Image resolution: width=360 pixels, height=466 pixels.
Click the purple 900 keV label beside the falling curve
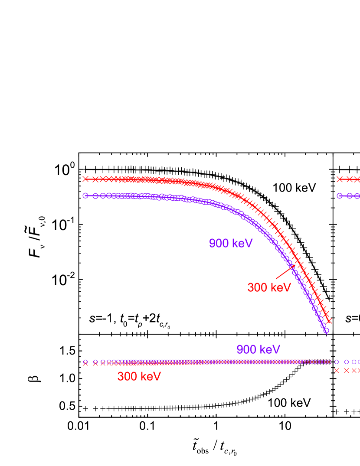pyautogui.click(x=231, y=244)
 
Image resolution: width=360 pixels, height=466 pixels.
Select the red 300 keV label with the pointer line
pyautogui.click(x=269, y=288)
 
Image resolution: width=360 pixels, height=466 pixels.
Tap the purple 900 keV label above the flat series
pyautogui.click(x=258, y=350)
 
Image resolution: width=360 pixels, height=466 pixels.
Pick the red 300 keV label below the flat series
pyautogui.click(x=139, y=377)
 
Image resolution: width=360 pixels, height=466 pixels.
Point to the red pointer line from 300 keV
pyautogui.click(x=285, y=272)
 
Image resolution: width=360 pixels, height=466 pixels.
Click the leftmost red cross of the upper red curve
pyautogui.click(x=85, y=179)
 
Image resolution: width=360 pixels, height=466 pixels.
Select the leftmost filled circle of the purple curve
pyautogui.click(x=85, y=196)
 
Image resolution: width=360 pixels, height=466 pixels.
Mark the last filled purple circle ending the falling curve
pyautogui.click(x=326, y=331)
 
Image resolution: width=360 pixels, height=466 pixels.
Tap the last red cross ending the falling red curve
pyautogui.click(x=329, y=321)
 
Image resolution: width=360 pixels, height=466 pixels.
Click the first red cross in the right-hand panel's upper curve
pyautogui.click(x=340, y=179)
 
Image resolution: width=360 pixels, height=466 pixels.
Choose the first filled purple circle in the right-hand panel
pyautogui.click(x=340, y=196)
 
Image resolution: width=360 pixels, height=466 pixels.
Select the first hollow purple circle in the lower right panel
pyautogui.click(x=337, y=362)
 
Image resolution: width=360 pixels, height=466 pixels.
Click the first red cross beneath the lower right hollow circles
pyautogui.click(x=337, y=371)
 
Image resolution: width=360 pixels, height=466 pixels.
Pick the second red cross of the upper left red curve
pyautogui.click(x=95, y=179)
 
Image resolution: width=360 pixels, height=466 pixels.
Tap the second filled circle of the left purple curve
pyautogui.click(x=95, y=196)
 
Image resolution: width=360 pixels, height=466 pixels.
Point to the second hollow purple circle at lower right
pyautogui.click(x=347, y=362)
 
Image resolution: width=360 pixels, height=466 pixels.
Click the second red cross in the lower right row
pyautogui.click(x=347, y=371)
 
